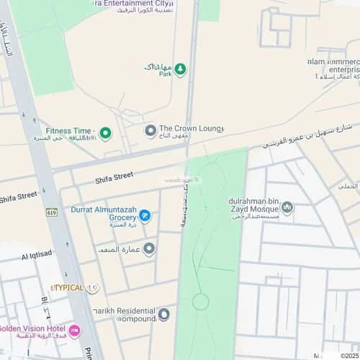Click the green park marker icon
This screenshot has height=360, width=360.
181,69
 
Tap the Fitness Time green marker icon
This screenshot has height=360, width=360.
105,132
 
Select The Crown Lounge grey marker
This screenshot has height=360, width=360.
150,130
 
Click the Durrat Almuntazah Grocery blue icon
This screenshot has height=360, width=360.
144,215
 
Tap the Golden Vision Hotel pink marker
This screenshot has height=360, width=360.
75,330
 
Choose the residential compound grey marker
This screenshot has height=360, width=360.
164,313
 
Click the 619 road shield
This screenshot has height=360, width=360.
51,212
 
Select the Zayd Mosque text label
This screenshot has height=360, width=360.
256,208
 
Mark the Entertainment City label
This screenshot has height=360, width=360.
133,4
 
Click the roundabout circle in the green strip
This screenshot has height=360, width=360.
200,301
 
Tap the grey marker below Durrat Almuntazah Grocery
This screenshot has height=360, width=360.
149,249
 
